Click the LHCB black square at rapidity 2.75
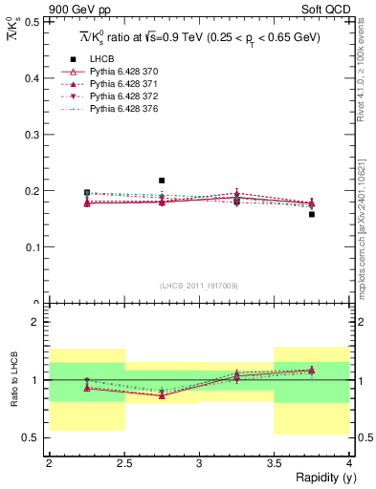coord(162,181)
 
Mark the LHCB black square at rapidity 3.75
coord(312,214)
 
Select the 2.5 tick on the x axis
coord(123,462)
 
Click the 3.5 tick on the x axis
coord(274,462)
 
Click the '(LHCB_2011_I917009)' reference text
coord(198,286)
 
